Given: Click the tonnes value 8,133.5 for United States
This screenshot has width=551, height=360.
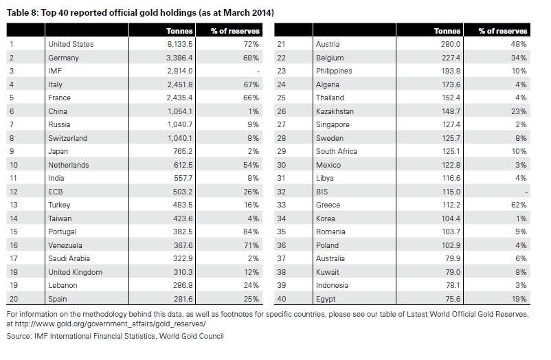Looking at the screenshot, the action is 179,44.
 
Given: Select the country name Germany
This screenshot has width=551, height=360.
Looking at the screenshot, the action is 64,58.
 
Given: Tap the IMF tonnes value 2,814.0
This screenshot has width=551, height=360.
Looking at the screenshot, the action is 180,71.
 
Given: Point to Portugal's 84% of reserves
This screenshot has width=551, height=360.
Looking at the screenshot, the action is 251,232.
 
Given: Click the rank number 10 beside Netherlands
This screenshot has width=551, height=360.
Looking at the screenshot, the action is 14,165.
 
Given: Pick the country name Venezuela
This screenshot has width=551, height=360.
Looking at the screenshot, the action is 65,245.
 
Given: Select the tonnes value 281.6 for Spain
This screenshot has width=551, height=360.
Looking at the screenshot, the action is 183,299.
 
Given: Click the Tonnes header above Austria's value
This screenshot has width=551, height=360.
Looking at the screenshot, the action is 447,31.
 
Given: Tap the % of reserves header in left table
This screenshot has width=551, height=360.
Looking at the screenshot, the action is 235,31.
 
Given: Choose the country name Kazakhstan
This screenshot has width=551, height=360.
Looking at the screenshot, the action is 335,111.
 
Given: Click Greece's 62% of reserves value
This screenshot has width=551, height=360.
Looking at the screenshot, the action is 519,205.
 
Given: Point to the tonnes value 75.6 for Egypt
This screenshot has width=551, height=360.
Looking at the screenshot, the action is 453,299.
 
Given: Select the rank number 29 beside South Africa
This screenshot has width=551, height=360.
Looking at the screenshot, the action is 282,152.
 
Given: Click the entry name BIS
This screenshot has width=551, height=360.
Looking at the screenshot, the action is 322,192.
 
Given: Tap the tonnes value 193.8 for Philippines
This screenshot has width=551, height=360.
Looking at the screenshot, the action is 451,71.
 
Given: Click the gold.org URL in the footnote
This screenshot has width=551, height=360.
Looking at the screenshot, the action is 110,324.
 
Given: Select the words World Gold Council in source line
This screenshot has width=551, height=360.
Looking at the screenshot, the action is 192,336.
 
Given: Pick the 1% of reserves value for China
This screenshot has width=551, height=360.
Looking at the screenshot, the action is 254,111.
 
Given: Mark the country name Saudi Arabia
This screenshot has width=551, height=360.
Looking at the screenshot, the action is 69,259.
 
